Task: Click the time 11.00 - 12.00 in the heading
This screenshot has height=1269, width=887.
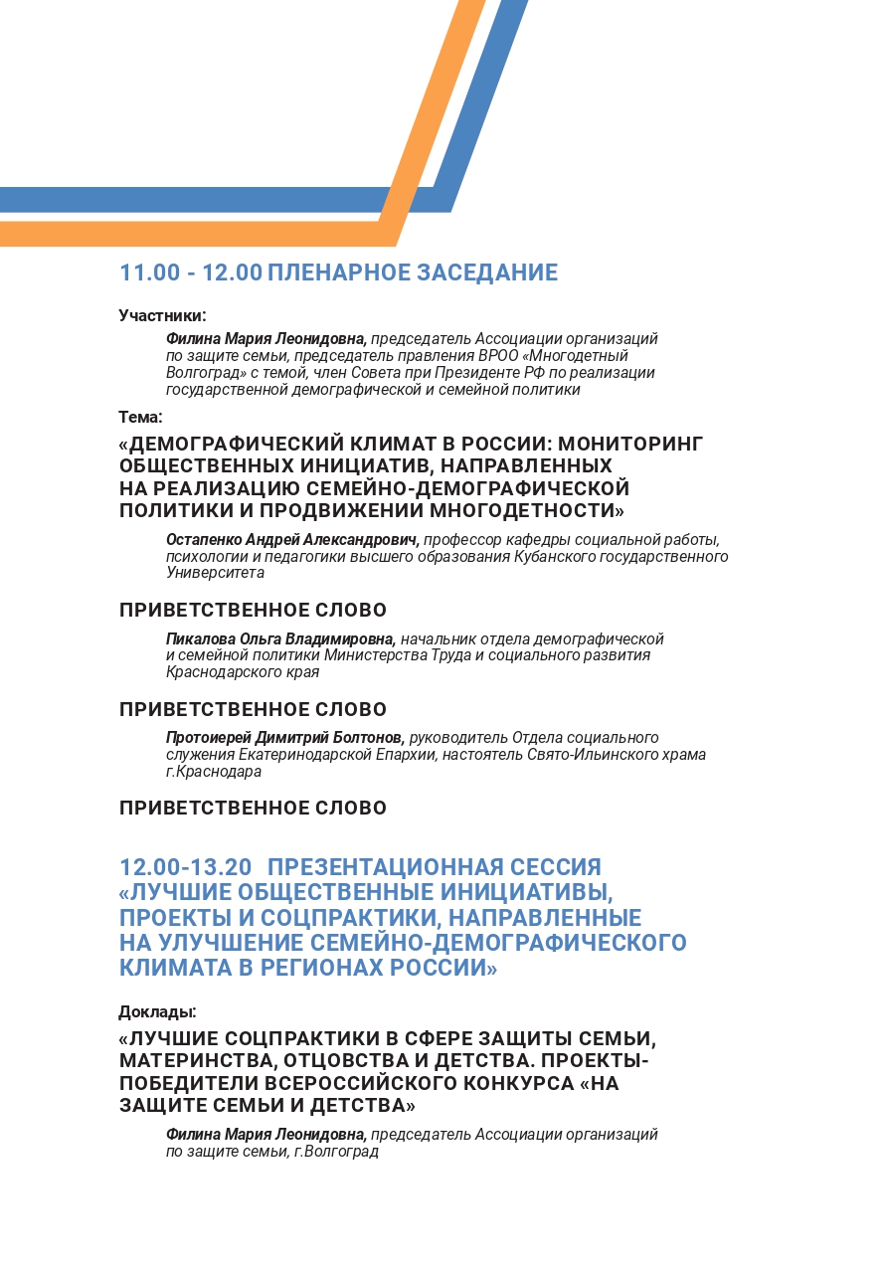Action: pyautogui.click(x=190, y=272)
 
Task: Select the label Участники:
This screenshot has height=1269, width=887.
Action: pyautogui.click(x=162, y=315)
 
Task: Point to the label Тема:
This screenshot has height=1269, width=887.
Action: pyautogui.click(x=140, y=417)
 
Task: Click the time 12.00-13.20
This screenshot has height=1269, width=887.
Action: pyautogui.click(x=185, y=867)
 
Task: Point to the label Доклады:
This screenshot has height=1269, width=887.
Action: pyautogui.click(x=157, y=1011)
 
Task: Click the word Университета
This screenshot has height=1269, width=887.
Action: pyautogui.click(x=215, y=573)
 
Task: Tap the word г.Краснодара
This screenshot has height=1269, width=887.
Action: pyautogui.click(x=214, y=772)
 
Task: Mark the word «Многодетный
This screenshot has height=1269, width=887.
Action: pyautogui.click(x=576, y=356)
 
